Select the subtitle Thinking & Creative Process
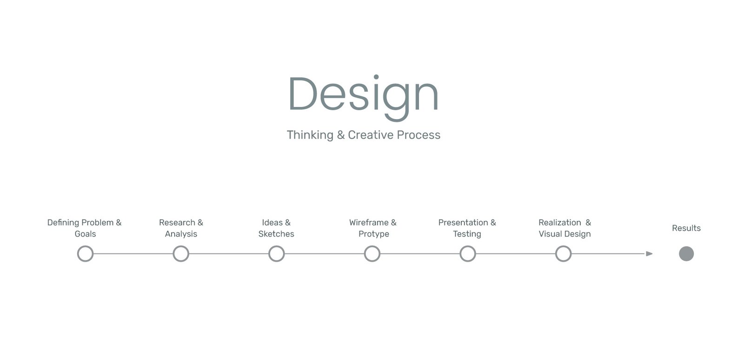coord(364,135)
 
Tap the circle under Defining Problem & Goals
coord(86,247)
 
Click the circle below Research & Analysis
coord(181,247)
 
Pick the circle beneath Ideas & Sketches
coord(277,247)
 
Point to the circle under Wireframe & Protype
coord(372,247)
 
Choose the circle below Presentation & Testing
coord(468,247)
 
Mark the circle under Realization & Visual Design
coord(564,247)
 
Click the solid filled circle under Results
coord(686,254)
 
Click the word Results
coord(686,228)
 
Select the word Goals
coord(86,234)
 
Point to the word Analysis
coord(181,234)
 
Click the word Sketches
coord(276,234)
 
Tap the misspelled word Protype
coord(374,234)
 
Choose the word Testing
coord(467,234)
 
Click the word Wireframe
coord(369,222)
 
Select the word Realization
coord(560,222)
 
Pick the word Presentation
coord(463,222)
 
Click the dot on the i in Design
coord(376,77)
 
